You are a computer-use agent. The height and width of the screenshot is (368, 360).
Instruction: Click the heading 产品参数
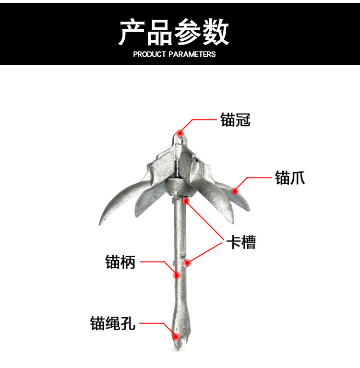pyautogui.click(x=173, y=32)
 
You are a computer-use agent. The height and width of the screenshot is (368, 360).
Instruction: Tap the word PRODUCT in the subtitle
pyautogui.click(x=150, y=54)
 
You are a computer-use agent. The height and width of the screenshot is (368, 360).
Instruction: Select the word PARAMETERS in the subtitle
pyautogui.click(x=192, y=54)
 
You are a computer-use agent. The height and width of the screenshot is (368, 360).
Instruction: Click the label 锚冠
pyautogui.click(x=235, y=119)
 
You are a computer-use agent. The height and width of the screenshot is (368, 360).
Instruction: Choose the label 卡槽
pyautogui.click(x=241, y=242)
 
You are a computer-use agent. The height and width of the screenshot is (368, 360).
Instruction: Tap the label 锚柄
pyautogui.click(x=120, y=262)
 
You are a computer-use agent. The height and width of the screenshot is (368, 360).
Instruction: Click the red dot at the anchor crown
pyautogui.click(x=180, y=133)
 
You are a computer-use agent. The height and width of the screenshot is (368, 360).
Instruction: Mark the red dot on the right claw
pyautogui.click(x=235, y=191)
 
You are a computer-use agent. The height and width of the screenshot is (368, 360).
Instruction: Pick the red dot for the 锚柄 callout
pyautogui.click(x=177, y=275)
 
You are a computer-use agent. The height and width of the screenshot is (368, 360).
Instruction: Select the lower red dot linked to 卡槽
pyautogui.click(x=188, y=262)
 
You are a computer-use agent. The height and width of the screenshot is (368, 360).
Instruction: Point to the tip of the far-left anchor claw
pyautogui.click(x=100, y=225)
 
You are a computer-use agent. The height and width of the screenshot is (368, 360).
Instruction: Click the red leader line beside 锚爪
pyautogui.click(x=259, y=178)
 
